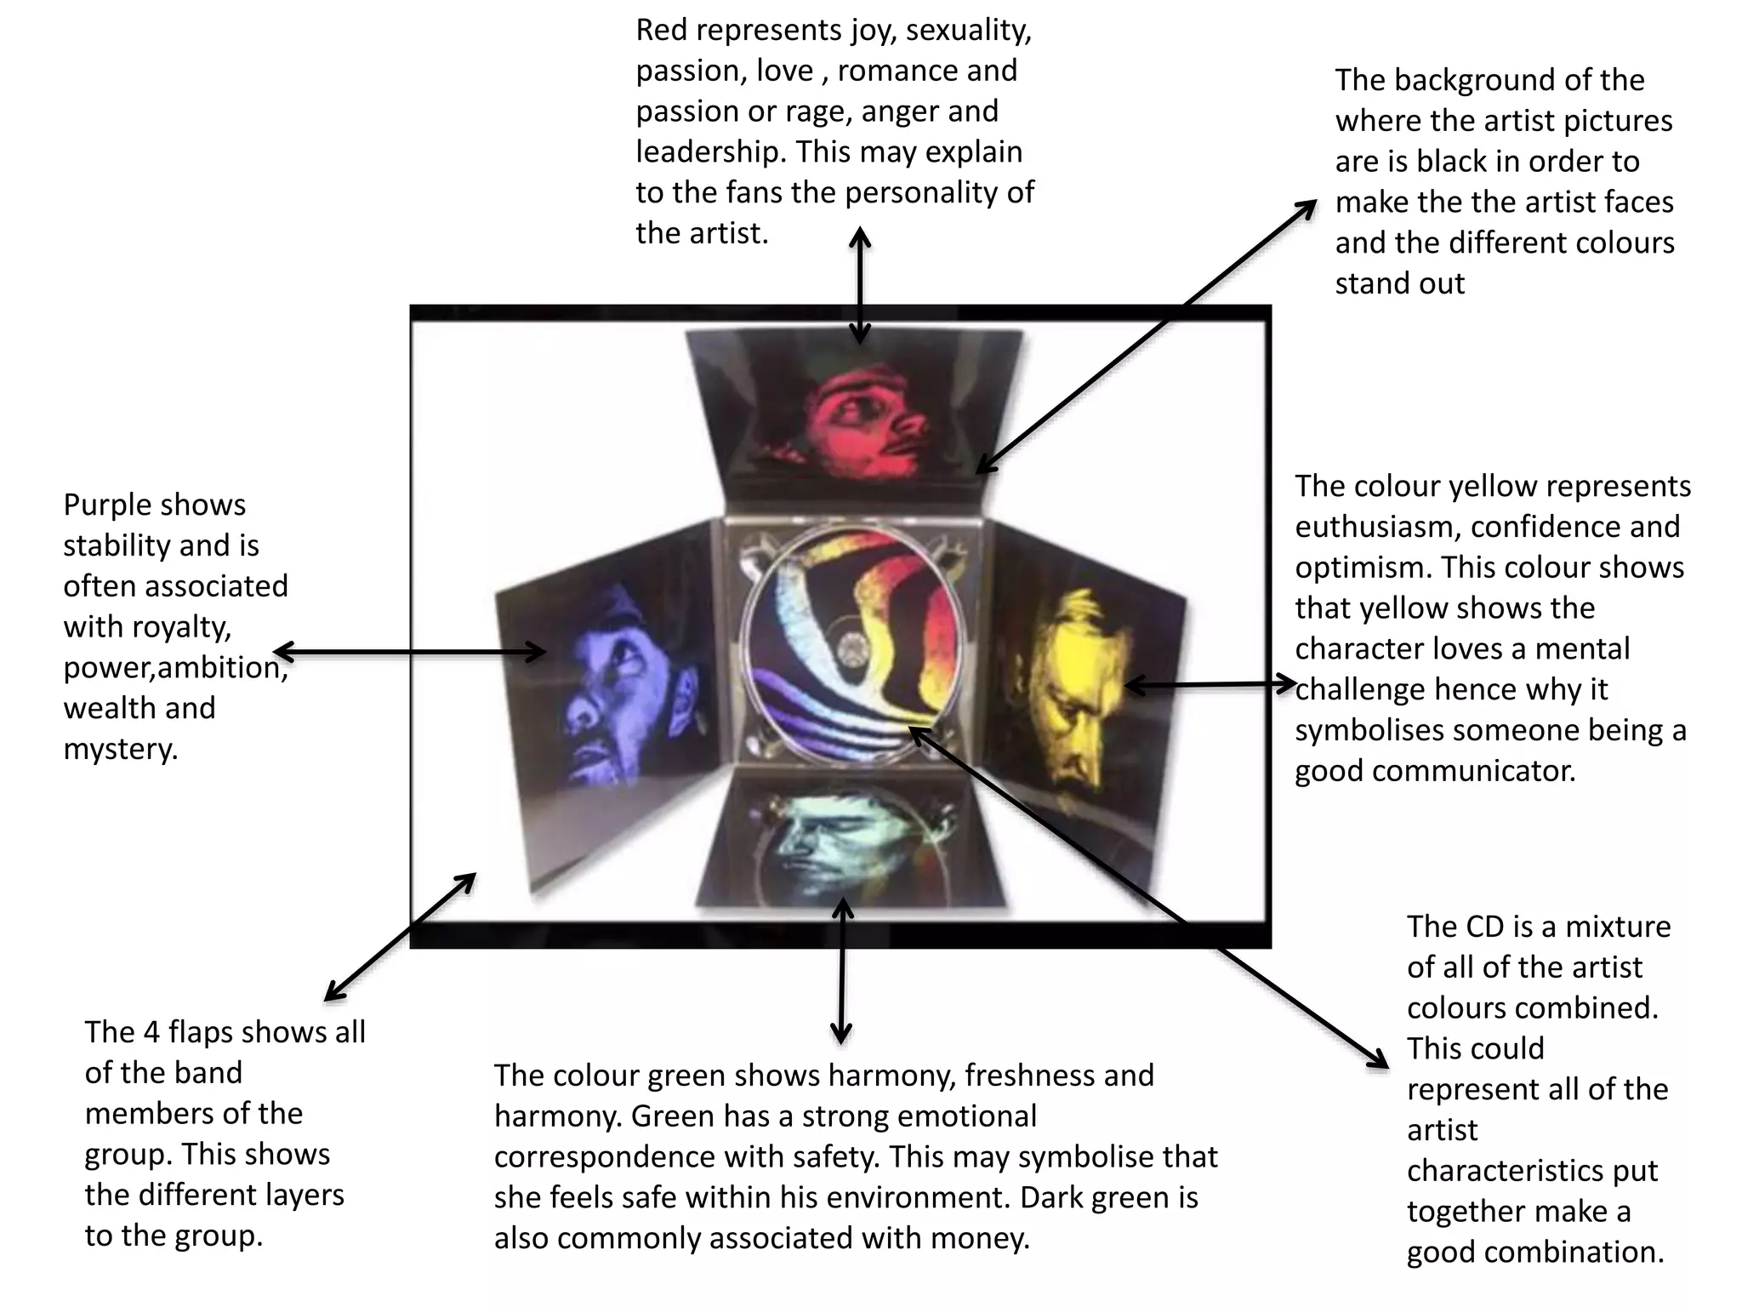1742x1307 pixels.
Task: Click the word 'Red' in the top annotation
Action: [x=663, y=31]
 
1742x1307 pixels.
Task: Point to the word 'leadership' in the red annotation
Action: [x=711, y=152]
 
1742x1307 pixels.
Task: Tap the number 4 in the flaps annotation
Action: [x=151, y=1032]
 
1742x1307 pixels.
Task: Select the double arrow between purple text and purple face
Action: [x=409, y=653]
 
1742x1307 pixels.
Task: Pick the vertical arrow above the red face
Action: [x=861, y=285]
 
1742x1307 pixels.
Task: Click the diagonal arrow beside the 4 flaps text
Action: [x=400, y=937]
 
